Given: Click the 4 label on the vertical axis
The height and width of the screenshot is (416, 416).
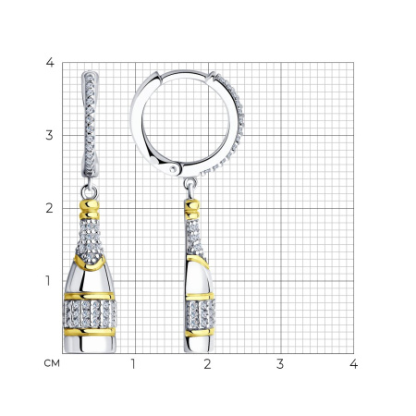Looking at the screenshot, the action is (x=50, y=63).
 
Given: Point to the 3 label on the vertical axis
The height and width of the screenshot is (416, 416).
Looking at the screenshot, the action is (x=49, y=135).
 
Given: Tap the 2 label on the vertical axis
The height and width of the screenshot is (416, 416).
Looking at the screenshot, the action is (x=49, y=208).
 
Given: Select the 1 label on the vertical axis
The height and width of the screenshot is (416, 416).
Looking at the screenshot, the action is (x=48, y=281).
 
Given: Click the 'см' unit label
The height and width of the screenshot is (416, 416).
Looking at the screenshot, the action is (x=52, y=363).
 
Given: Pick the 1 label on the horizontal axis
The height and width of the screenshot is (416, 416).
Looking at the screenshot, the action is (x=133, y=364).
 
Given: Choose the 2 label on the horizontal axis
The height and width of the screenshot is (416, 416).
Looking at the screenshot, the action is (x=207, y=364).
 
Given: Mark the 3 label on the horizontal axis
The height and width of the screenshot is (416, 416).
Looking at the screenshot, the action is (x=280, y=364).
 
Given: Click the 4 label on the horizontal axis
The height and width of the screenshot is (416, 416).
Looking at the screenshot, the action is (x=354, y=364).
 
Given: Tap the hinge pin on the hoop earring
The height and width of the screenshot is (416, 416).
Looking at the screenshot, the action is (x=174, y=168).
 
